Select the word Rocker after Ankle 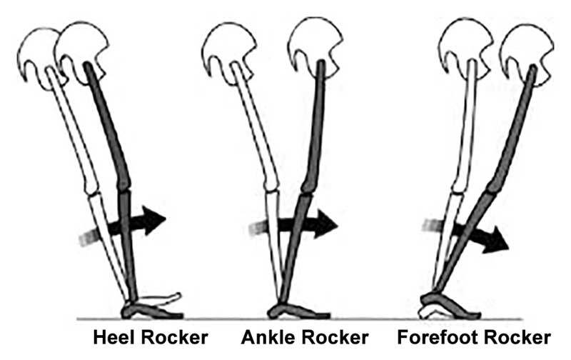pos(330,337)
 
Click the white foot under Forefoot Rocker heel pos(432,311)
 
